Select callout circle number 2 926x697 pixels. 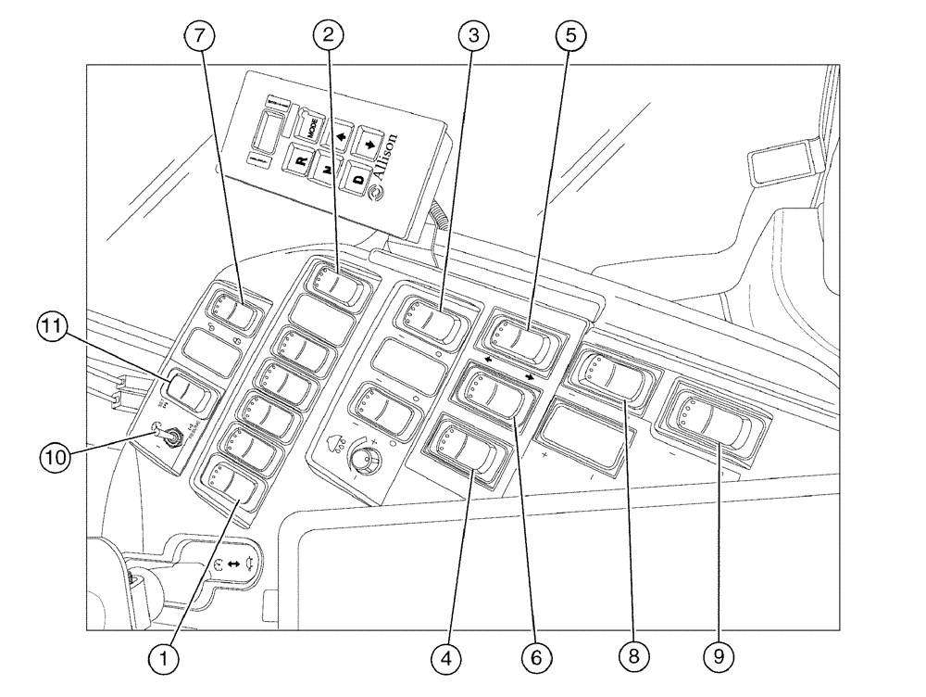coord(328,36)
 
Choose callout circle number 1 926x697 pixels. coord(165,657)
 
